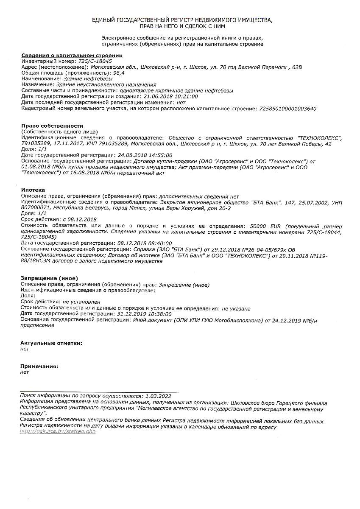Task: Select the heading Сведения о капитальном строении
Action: coord(72,56)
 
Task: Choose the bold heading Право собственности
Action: coord(52,126)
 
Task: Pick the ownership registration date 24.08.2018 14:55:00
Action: coord(145,155)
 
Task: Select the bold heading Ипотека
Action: coord(33,190)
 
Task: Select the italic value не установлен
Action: coord(81,302)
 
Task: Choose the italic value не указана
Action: coord(236,308)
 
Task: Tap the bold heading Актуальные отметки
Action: coord(51,343)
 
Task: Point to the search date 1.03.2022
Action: coord(158,395)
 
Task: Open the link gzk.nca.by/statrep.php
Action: coord(58,431)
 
